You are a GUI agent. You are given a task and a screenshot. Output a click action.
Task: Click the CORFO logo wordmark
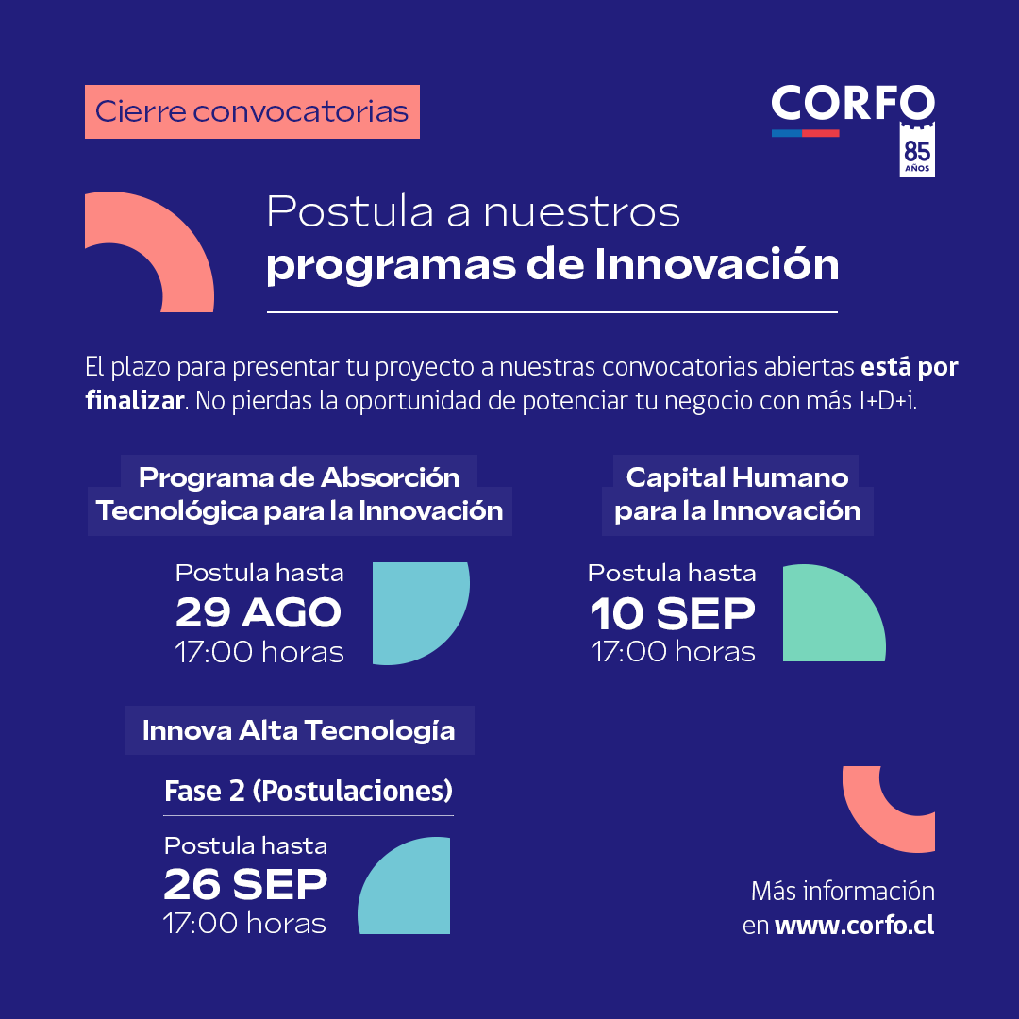tap(852, 103)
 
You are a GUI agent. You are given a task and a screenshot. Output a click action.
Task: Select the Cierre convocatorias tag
tap(252, 112)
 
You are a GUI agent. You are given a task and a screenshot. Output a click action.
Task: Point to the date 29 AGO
tap(259, 613)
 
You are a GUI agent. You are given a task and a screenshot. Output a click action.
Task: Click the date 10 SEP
tap(672, 614)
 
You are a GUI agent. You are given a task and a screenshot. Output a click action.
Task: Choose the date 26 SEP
tap(245, 884)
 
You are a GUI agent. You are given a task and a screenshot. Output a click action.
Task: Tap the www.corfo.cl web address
tap(854, 925)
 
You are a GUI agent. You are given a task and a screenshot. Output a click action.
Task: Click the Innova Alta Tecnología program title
tap(298, 730)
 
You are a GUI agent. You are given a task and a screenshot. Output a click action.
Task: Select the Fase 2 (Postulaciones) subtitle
tap(309, 791)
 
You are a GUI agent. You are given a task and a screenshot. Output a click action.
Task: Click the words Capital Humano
tap(737, 477)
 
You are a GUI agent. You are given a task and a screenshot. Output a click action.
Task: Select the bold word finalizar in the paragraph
tap(134, 400)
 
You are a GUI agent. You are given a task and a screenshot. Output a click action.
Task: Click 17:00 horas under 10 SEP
tap(673, 652)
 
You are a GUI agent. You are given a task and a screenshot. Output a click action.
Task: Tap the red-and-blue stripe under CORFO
tap(805, 133)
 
